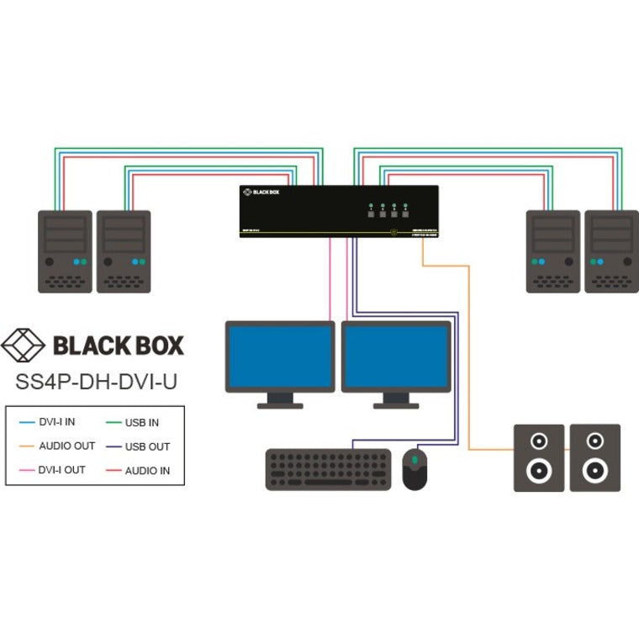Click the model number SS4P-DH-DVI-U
[x=97, y=380]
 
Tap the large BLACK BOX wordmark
[x=118, y=345]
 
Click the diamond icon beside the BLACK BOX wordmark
[x=24, y=345]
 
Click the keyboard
[x=329, y=469]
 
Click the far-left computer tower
[x=65, y=251]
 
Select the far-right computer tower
[x=612, y=251]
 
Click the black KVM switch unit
[x=339, y=210]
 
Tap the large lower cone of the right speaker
[x=595, y=468]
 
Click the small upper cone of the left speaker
[x=538, y=439]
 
